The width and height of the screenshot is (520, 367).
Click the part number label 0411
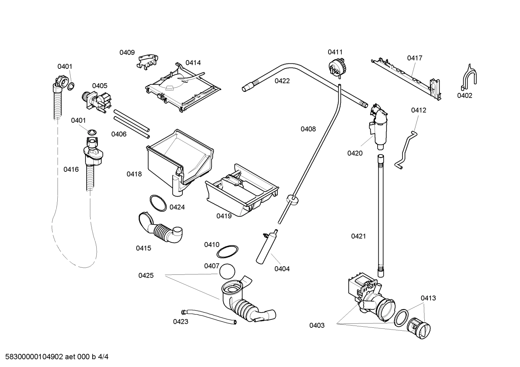click(x=335, y=52)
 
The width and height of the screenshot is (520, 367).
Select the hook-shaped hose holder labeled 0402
click(x=469, y=77)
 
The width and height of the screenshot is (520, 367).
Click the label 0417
click(x=415, y=58)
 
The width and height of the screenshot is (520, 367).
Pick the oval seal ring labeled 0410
click(x=229, y=252)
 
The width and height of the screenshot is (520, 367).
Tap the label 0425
click(x=146, y=276)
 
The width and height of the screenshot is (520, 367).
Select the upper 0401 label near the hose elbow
click(x=65, y=66)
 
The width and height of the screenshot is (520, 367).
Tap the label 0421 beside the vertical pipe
click(x=358, y=236)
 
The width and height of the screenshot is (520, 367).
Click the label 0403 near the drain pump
click(x=317, y=326)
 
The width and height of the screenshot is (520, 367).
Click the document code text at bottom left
click(x=55, y=357)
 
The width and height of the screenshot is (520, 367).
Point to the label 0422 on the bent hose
click(x=282, y=81)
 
